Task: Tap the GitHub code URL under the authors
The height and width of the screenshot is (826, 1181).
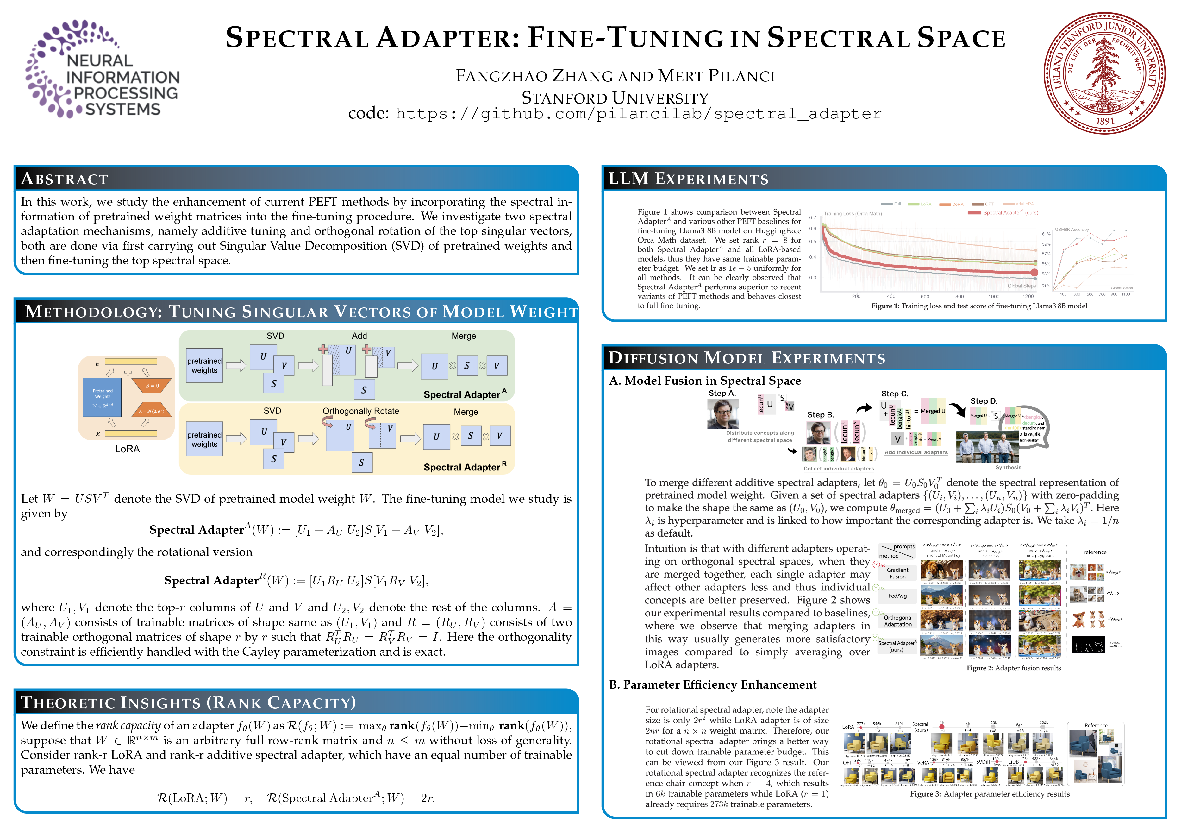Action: point(638,114)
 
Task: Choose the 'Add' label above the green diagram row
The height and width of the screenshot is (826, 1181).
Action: point(359,336)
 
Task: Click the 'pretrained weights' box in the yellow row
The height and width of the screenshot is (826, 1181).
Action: point(204,439)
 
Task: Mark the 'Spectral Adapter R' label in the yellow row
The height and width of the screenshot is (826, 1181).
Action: point(465,467)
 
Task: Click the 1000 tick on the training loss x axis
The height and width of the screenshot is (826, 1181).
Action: point(994,296)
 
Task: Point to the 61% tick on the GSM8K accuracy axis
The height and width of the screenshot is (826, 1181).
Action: point(1046,234)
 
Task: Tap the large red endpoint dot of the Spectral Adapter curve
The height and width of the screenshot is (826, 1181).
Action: point(1034,273)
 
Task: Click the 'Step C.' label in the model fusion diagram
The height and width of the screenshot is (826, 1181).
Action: point(895,394)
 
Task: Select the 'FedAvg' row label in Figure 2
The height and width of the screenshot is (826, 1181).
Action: point(897,596)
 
